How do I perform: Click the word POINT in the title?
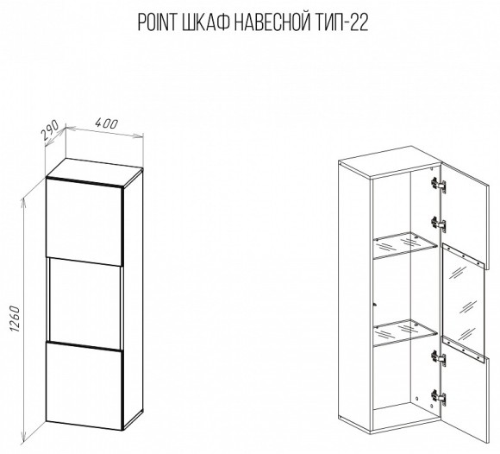157,22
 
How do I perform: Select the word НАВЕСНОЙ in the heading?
272,22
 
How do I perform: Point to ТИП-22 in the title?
341,22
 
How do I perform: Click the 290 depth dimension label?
50,130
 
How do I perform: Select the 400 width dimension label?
107,124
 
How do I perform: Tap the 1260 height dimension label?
15,318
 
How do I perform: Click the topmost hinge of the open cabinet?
438,185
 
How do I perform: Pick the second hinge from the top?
438,223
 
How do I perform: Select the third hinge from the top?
438,357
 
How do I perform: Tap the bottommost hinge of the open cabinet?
438,397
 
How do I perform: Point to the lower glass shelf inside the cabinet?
405,332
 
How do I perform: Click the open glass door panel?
463,303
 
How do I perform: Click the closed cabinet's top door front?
84,222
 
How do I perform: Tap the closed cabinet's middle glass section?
84,304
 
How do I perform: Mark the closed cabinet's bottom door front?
84,385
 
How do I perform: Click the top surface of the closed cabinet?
95,173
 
